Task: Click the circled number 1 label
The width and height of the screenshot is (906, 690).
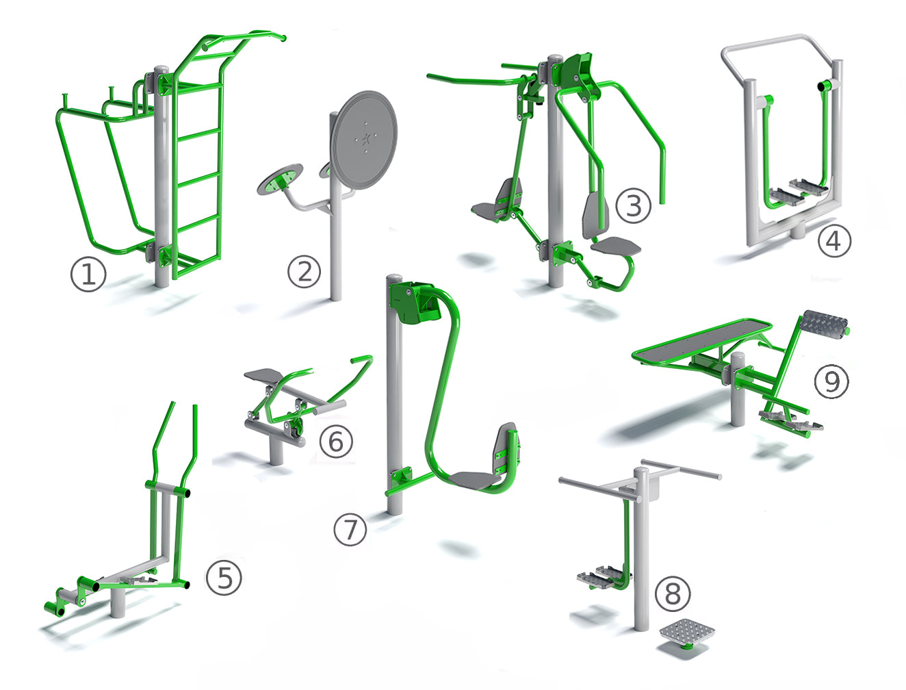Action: [x=88, y=274]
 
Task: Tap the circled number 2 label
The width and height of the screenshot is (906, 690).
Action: [x=305, y=271]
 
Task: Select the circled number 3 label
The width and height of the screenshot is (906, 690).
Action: [x=633, y=205]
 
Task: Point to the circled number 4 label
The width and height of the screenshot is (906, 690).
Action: [x=834, y=241]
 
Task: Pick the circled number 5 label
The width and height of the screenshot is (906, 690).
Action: [x=224, y=577]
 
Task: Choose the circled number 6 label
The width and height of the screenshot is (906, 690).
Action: [x=336, y=441]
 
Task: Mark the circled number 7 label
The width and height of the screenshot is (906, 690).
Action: [x=350, y=529]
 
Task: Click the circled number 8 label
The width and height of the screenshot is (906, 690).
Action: [x=673, y=594]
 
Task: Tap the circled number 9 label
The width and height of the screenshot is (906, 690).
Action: [x=831, y=381]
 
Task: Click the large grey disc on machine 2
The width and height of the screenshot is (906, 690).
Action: [x=363, y=140]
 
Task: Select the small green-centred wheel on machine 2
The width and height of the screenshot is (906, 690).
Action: [x=280, y=179]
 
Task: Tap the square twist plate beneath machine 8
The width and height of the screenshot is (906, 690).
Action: [x=687, y=634]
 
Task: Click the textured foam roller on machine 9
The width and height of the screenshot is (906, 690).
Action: [x=823, y=325]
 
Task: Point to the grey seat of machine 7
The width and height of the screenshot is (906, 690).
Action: [x=475, y=481]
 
